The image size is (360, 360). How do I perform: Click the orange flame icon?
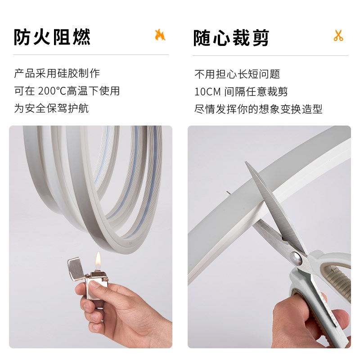point(160,35)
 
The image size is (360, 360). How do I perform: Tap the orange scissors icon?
point(338,36)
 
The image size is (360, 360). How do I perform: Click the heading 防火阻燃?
point(52,37)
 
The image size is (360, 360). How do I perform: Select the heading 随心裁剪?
point(231,38)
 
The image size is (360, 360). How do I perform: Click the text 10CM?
point(207,92)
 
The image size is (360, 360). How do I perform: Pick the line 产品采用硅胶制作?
point(57,73)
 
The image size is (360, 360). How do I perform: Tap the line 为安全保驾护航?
point(51,108)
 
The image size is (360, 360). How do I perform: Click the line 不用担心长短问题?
point(237,74)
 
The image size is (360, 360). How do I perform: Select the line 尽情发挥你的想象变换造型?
point(258,109)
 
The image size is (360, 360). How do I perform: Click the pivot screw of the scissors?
point(295,258)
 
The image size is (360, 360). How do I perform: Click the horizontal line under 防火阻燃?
point(90,55)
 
